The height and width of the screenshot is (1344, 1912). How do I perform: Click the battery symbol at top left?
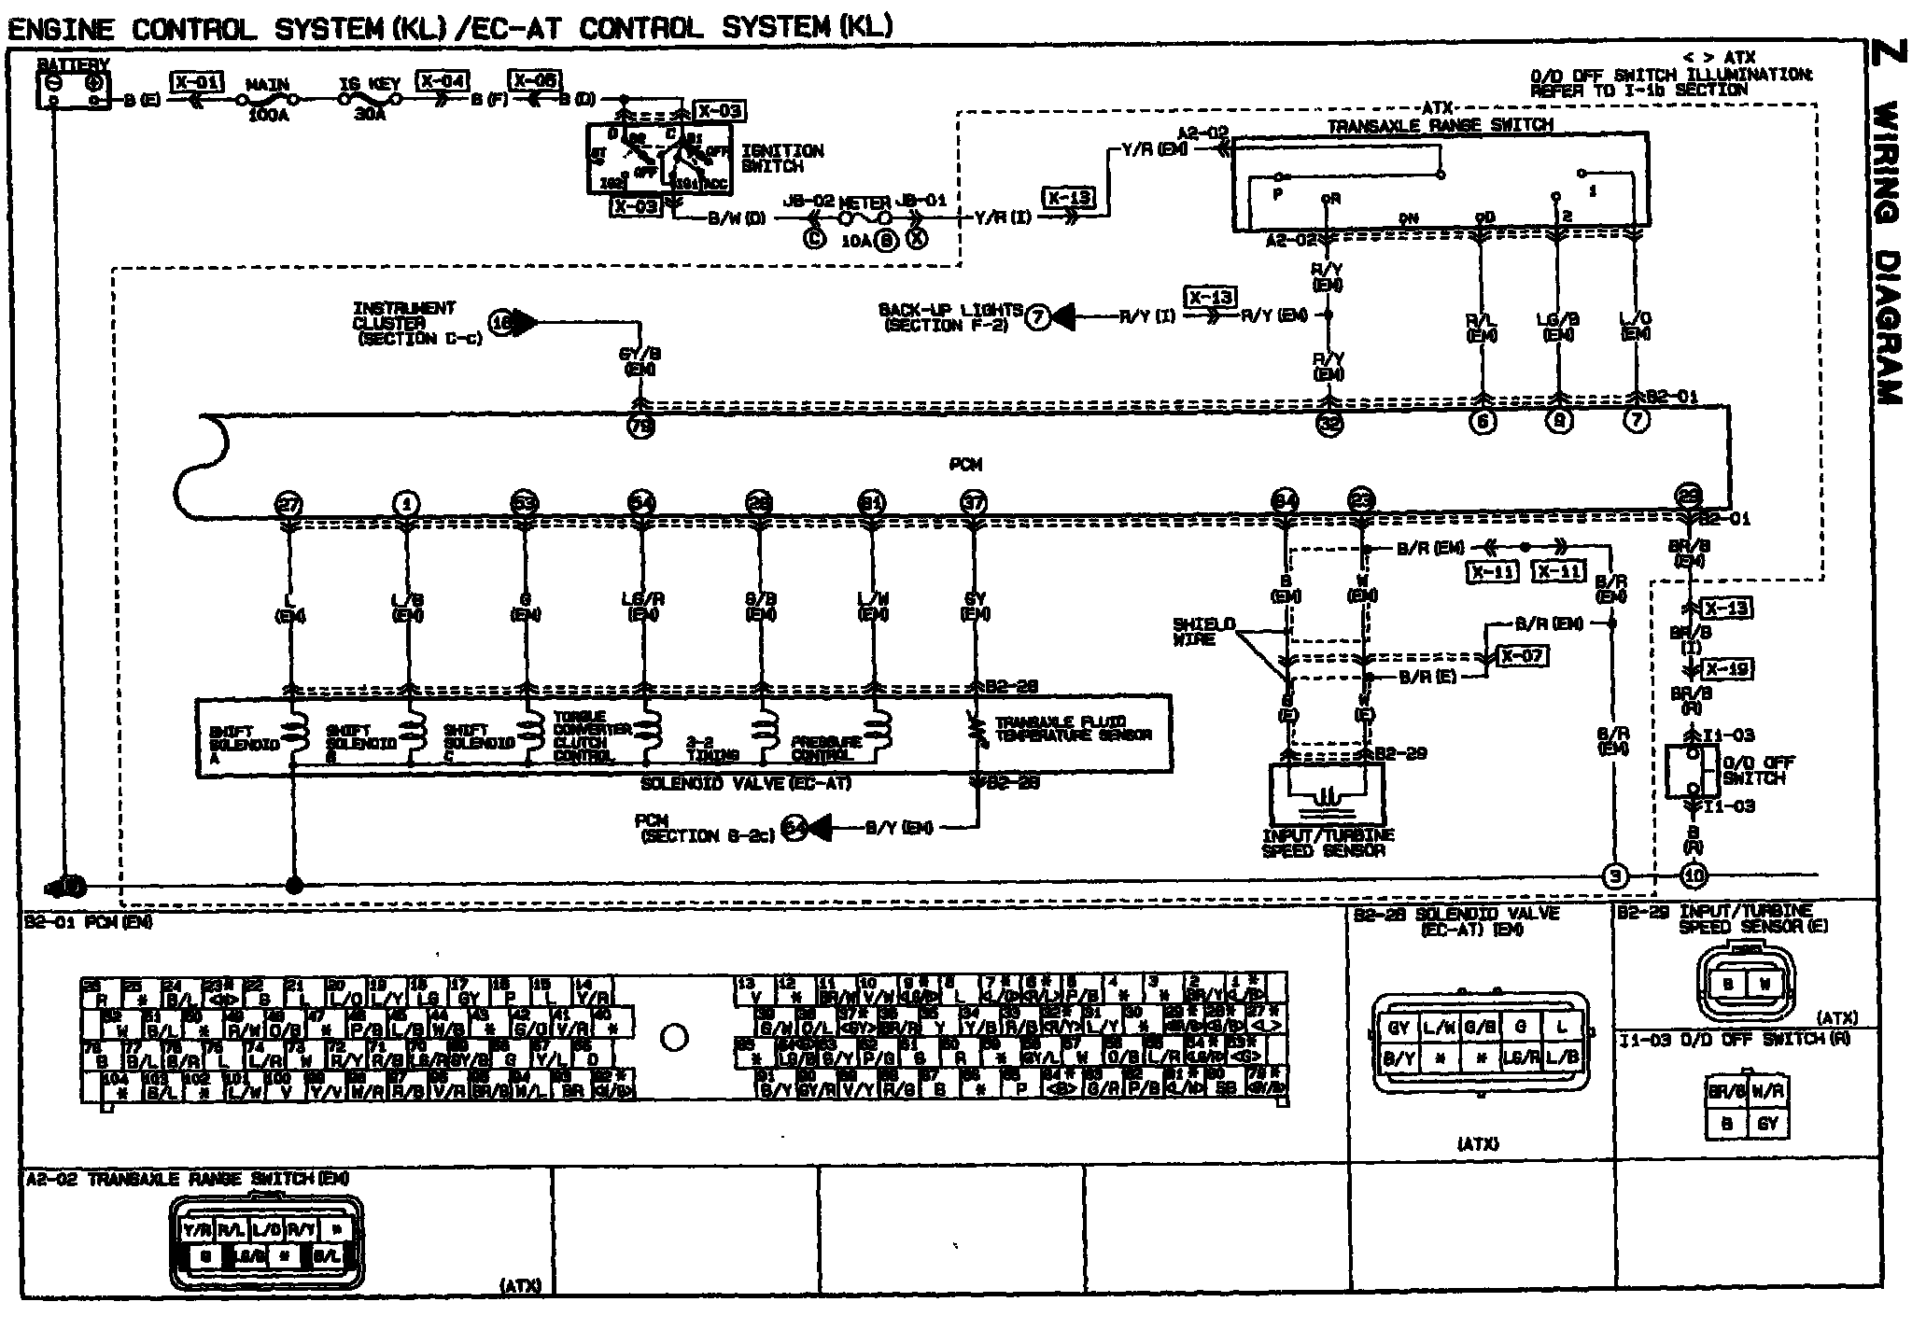click(x=73, y=89)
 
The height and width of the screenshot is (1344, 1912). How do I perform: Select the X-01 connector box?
click(x=196, y=82)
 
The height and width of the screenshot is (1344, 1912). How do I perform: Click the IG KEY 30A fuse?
click(x=371, y=97)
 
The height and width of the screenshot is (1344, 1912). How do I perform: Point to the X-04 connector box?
click(x=442, y=81)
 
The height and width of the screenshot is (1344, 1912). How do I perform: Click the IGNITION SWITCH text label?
click(x=782, y=158)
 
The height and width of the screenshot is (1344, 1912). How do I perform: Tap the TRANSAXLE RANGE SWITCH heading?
click(x=1440, y=125)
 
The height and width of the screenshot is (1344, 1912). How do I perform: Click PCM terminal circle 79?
click(x=641, y=427)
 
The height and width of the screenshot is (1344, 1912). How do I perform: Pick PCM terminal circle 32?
click(x=1329, y=423)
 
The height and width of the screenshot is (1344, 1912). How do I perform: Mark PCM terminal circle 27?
click(x=289, y=505)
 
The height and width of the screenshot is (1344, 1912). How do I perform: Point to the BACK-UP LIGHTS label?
click(x=949, y=317)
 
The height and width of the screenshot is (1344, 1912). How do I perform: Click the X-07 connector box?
click(x=1522, y=656)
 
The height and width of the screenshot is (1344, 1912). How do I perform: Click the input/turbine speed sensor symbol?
click(x=1327, y=794)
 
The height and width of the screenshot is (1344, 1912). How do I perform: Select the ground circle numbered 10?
click(x=1693, y=876)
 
